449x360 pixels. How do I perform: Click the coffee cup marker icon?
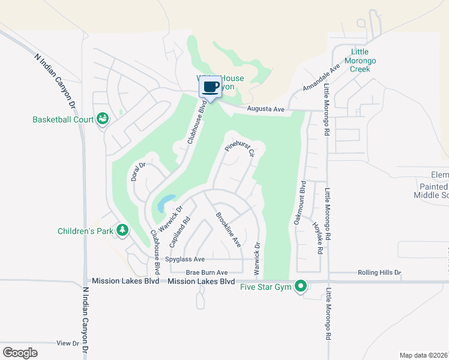click(x=210, y=88)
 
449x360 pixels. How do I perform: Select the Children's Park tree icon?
click(x=122, y=230)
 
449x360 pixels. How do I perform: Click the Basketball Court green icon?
click(x=103, y=119)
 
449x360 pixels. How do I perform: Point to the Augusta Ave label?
click(x=265, y=109)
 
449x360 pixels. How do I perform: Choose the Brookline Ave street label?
click(x=228, y=230)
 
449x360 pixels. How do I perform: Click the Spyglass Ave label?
click(x=187, y=259)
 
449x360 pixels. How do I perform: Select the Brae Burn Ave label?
click(x=206, y=272)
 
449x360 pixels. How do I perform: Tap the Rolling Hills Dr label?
click(x=379, y=272)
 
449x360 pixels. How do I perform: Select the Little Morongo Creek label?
click(x=360, y=61)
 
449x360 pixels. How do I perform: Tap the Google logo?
click(x=20, y=352)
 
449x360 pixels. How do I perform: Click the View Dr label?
click(x=67, y=343)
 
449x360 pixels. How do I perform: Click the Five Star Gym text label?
click(x=266, y=287)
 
